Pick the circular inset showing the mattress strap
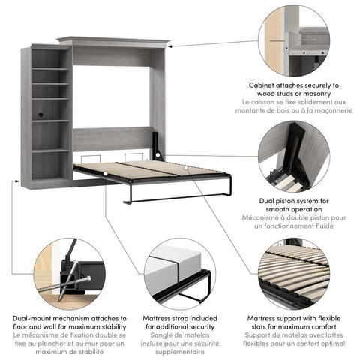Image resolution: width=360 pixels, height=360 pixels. (181, 273)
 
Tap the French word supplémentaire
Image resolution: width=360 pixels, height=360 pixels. (181, 352)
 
